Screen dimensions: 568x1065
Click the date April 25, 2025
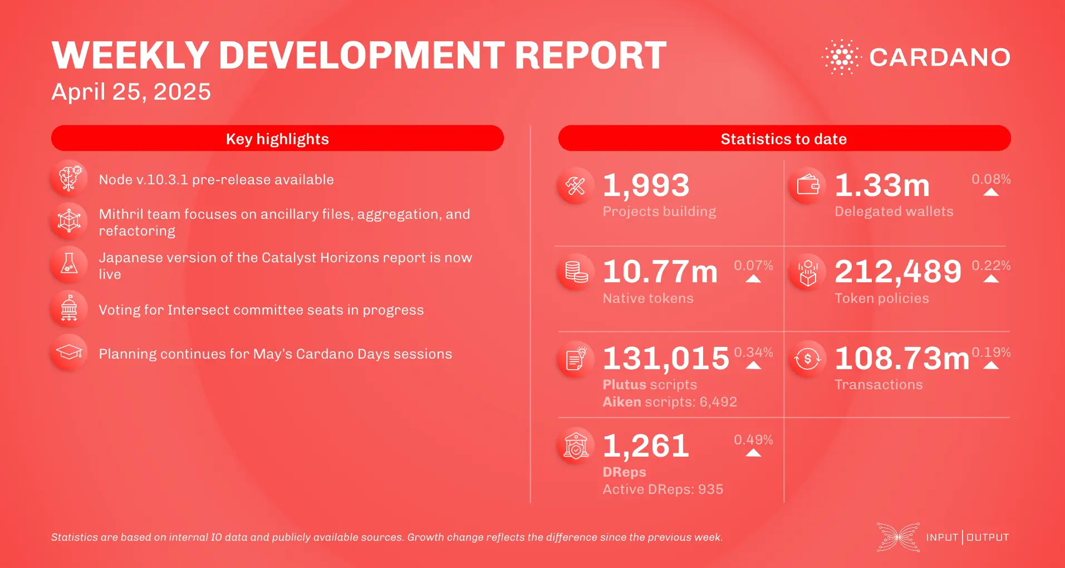(131, 92)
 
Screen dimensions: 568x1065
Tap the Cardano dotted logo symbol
(841, 57)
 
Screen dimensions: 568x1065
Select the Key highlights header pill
(277, 139)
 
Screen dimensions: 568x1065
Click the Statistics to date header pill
(784, 139)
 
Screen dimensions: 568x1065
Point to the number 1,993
(646, 185)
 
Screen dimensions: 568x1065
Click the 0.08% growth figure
(990, 179)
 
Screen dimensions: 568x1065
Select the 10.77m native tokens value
(660, 272)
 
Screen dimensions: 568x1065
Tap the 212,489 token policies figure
(897, 272)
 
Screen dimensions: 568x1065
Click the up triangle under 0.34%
(753, 366)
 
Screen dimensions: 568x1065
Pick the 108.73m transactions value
(902, 358)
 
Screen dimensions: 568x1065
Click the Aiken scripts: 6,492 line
(670, 402)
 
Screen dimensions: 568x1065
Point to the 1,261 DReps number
(646, 446)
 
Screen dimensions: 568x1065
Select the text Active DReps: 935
(662, 489)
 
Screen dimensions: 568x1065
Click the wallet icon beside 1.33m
(807, 185)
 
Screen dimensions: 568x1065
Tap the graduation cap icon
(69, 352)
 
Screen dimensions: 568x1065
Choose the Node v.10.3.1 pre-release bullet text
(216, 180)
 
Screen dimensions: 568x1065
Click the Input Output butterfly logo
(898, 537)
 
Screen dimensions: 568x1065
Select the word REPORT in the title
(590, 56)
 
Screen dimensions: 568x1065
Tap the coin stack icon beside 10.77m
(576, 272)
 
